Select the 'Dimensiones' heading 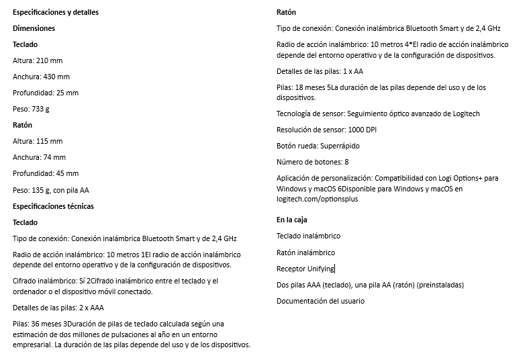[x=34, y=29]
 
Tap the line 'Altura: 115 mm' [x=38, y=141]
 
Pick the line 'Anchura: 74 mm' [x=40, y=157]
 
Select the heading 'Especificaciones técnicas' [x=54, y=206]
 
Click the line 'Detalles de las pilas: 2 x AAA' [x=58, y=308]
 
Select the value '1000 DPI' [x=362, y=129]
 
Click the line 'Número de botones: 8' [x=313, y=162]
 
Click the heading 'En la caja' [x=292, y=220]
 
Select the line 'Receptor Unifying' [x=305, y=269]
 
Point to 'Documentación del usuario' [x=321, y=301]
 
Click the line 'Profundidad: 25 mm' [x=46, y=93]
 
